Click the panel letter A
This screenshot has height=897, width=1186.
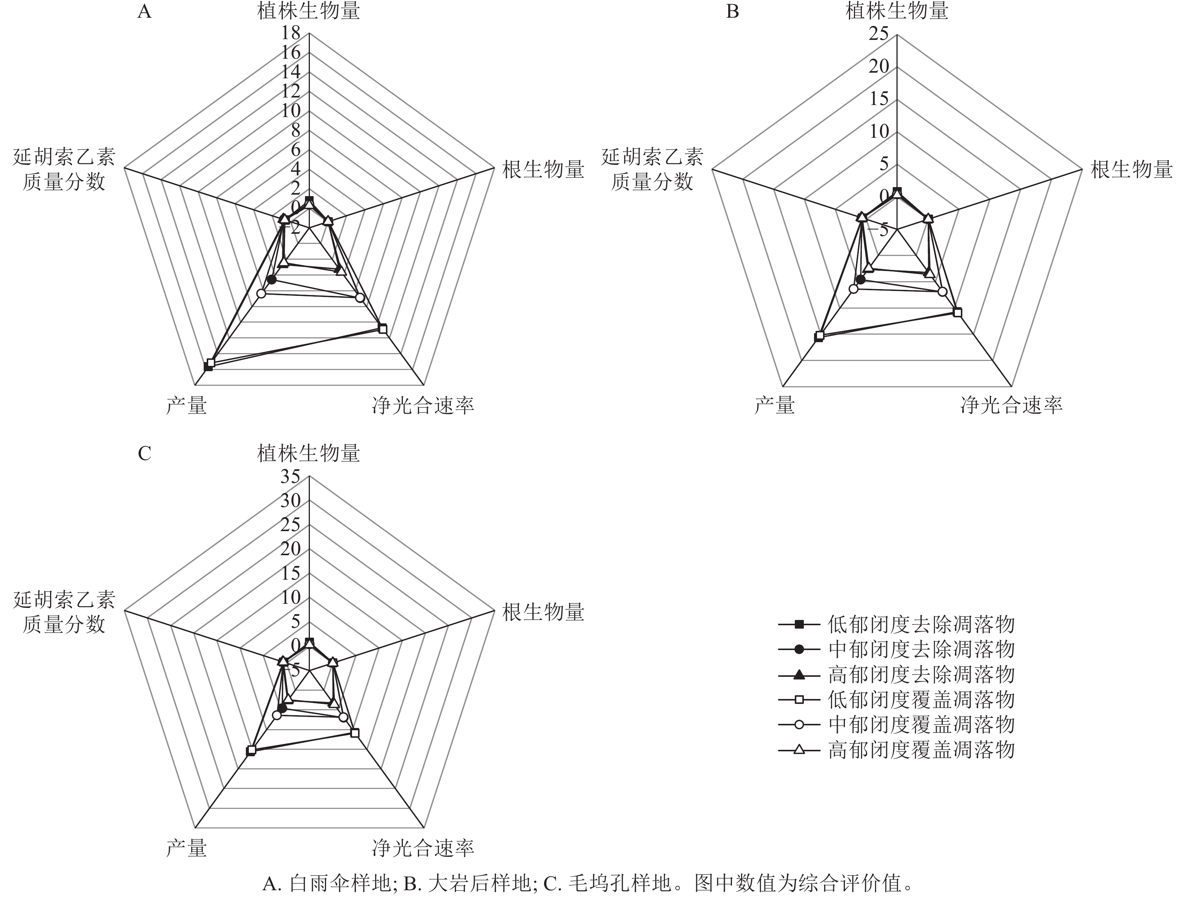click(144, 12)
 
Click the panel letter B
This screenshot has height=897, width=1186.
click(732, 12)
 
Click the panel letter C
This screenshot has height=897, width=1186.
click(144, 454)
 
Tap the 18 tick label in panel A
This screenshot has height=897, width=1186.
click(291, 33)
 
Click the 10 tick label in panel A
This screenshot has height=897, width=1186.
click(291, 111)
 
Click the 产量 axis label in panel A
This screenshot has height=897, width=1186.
click(186, 406)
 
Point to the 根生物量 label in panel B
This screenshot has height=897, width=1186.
click(1131, 169)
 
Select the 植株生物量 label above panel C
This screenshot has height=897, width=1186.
click(308, 454)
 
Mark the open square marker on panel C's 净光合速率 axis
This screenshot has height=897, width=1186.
click(354, 733)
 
